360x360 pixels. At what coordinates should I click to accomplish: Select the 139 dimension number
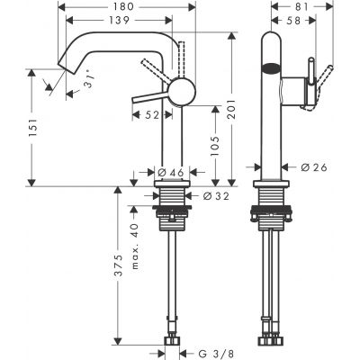[130, 20]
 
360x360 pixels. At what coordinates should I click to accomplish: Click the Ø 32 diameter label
[206, 195]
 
